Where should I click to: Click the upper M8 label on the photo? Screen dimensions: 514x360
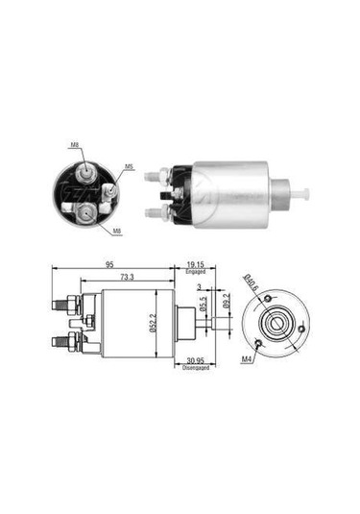click(x=77, y=146)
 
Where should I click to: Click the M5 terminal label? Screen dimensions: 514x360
click(x=128, y=166)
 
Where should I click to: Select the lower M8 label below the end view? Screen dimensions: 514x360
click(x=117, y=230)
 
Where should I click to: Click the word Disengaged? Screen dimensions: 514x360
click(x=191, y=376)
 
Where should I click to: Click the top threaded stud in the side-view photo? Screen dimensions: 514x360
click(x=153, y=177)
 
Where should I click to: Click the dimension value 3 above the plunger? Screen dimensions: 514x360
click(x=199, y=287)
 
